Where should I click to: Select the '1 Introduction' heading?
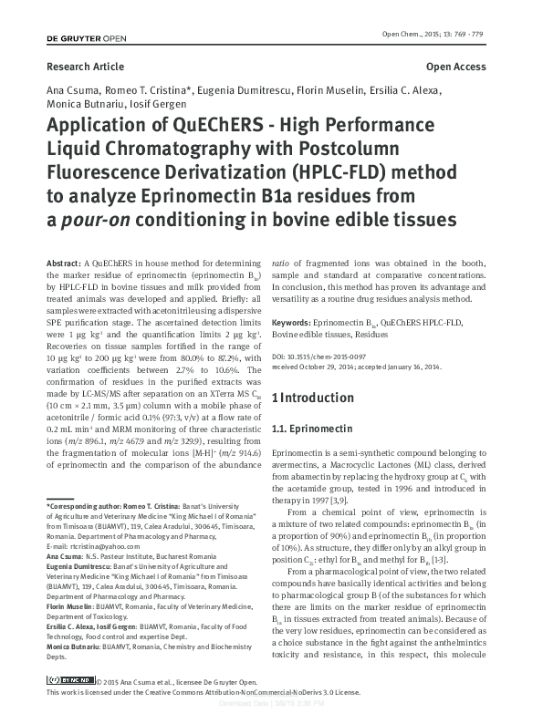click(x=317, y=398)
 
